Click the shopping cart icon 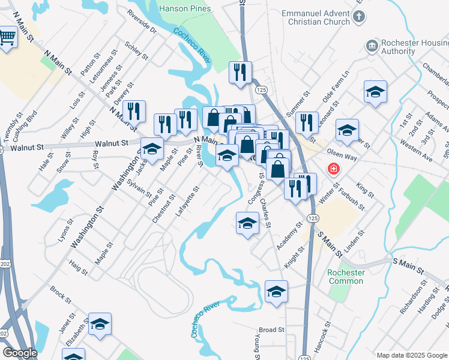(7, 37)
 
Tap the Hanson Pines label (185, 8)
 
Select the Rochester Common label (346, 277)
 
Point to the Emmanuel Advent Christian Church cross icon (358, 16)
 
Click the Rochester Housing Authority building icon (372, 46)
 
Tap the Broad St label (271, 330)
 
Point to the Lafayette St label (187, 202)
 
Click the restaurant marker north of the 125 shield (240, 73)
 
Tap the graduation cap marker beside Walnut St (152, 148)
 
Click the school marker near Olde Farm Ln (375, 92)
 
